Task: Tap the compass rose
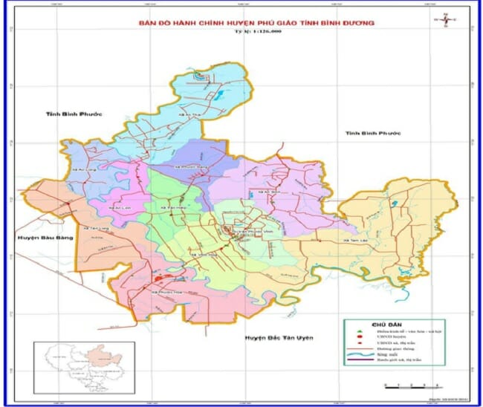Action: [445, 20]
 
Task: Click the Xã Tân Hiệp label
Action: [175, 209]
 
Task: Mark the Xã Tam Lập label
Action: [357, 241]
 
